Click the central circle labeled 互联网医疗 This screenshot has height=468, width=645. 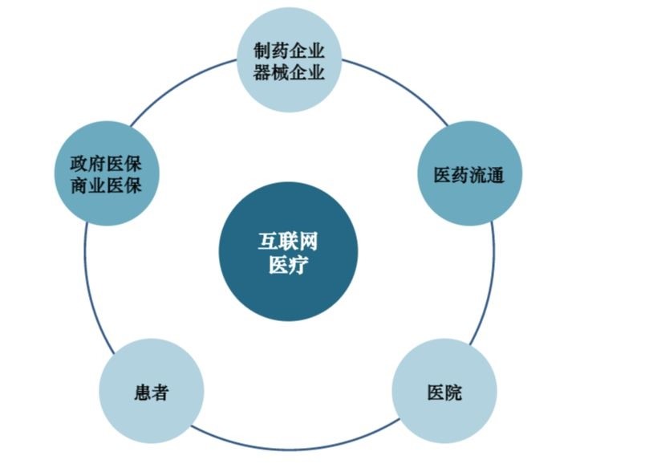pyautogui.click(x=288, y=251)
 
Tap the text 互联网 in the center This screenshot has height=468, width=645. pyautogui.click(x=288, y=242)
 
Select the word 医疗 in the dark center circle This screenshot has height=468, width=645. pyautogui.click(x=288, y=265)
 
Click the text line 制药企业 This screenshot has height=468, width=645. pyautogui.click(x=289, y=51)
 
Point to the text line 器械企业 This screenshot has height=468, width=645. pyautogui.click(x=289, y=73)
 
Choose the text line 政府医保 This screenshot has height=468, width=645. pyautogui.click(x=106, y=165)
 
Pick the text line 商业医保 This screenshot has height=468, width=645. pyautogui.click(x=106, y=185)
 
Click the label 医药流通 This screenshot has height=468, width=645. pyautogui.click(x=469, y=175)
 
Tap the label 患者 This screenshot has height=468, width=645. pyautogui.click(x=152, y=393)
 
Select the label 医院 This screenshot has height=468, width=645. pyautogui.click(x=444, y=393)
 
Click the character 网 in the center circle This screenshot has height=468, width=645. pyautogui.click(x=309, y=242)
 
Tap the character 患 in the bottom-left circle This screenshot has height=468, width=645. pyautogui.click(x=143, y=393)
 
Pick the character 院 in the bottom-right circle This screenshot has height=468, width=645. pyautogui.click(x=453, y=393)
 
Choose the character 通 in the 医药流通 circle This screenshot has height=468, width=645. pyautogui.click(x=496, y=175)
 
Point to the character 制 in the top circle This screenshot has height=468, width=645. pyautogui.click(x=262, y=51)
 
